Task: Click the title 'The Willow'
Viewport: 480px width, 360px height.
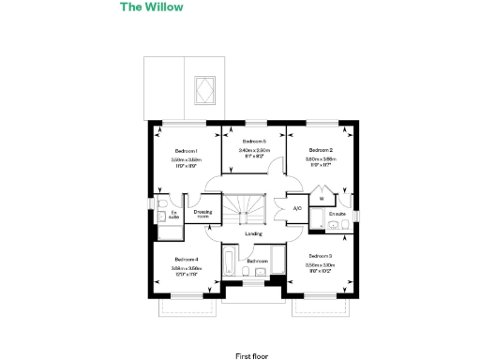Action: point(151,7)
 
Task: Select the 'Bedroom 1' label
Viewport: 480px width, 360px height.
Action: point(186,150)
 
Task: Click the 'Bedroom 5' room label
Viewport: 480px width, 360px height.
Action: point(254,142)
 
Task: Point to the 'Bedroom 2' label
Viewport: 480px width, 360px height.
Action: point(321,150)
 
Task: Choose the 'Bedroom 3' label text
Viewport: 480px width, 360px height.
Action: point(320,255)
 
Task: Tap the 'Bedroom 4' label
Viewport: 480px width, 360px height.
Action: point(186,259)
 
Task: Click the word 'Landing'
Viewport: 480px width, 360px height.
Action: point(252,234)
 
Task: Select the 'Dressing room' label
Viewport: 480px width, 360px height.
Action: point(202,213)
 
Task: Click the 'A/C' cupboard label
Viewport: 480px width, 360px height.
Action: point(296,208)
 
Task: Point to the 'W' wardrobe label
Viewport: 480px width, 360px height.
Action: point(321,198)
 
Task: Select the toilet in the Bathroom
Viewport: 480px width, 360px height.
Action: point(246,272)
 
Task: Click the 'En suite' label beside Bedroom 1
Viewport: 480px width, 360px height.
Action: point(173,215)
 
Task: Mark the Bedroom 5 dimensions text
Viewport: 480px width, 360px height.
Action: point(254,153)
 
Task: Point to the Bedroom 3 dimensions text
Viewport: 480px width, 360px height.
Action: point(320,269)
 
